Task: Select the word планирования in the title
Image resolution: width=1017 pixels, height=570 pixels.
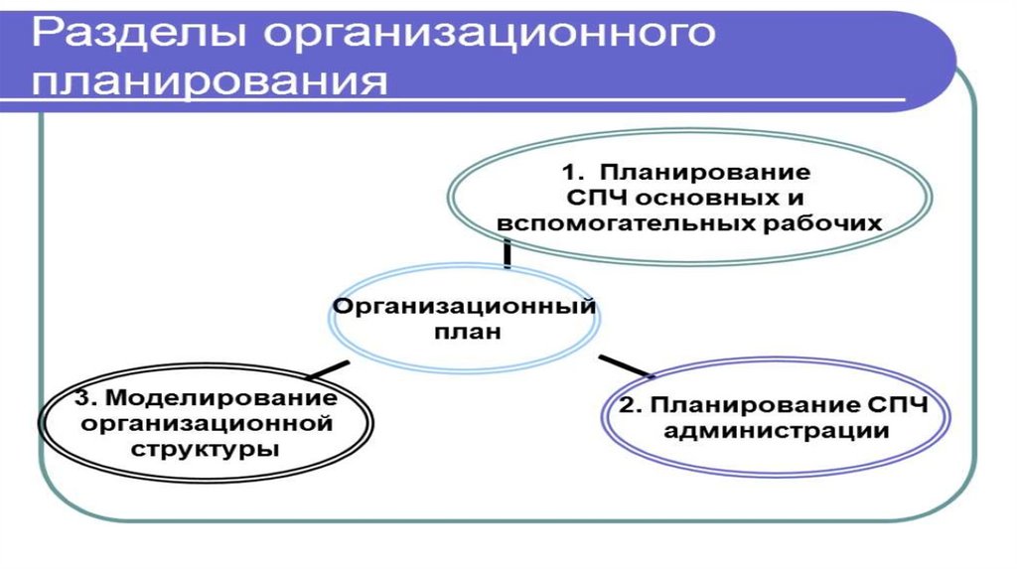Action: point(209,81)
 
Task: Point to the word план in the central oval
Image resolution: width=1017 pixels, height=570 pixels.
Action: point(465,333)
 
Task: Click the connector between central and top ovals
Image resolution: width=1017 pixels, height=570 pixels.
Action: point(508,254)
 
